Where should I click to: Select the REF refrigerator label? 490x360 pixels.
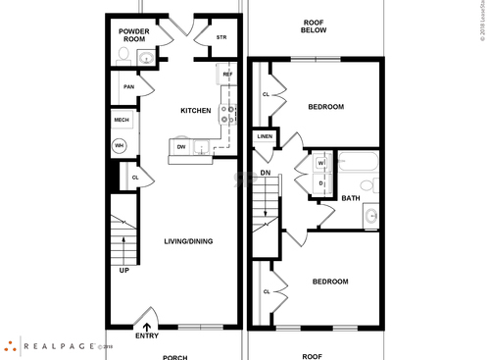click(x=227, y=75)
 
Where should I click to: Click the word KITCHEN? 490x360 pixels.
click(x=196, y=111)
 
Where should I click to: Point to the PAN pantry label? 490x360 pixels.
click(x=127, y=87)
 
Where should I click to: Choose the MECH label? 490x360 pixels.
click(x=122, y=120)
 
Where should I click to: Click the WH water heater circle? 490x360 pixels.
click(x=121, y=145)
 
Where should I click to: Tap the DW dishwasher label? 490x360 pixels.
click(x=181, y=147)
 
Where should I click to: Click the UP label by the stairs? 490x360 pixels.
click(x=123, y=270)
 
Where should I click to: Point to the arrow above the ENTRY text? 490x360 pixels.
click(x=147, y=328)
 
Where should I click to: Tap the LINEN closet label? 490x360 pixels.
click(x=265, y=136)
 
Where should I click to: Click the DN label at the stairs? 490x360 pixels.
click(x=265, y=173)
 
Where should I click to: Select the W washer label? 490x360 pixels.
click(x=320, y=162)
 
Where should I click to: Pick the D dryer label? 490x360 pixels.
click(x=320, y=182)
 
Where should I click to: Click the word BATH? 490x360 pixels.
click(x=350, y=198)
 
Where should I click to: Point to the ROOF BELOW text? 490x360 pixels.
click(x=314, y=26)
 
